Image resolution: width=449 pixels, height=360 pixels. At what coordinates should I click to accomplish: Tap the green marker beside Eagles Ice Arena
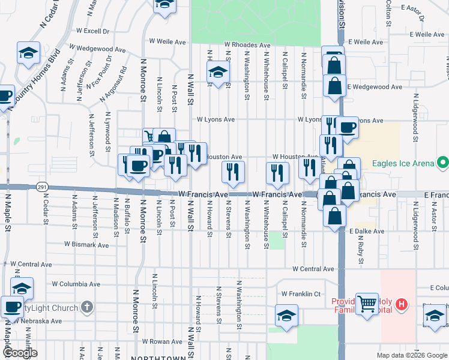(442, 162)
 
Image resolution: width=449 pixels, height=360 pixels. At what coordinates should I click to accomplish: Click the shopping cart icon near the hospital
(367, 303)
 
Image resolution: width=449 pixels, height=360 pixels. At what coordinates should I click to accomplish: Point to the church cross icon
(87, 308)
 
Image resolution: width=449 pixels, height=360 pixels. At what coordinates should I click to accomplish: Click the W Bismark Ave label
(86, 245)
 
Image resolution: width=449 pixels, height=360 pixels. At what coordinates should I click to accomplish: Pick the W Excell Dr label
(93, 31)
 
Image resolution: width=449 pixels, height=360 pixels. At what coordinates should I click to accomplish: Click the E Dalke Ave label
(366, 231)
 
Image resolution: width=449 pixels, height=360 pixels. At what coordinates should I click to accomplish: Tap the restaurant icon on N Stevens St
(233, 172)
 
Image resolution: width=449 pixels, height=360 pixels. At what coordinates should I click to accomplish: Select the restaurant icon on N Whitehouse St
(277, 173)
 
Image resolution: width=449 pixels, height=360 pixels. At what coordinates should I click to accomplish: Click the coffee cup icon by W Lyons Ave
(346, 127)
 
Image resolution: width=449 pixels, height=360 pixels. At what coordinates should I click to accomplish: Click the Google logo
(20, 353)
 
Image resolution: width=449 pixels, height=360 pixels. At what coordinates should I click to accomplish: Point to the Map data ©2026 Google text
(411, 355)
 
